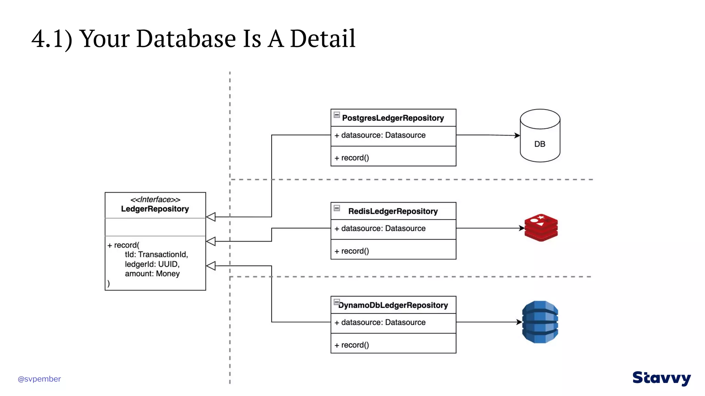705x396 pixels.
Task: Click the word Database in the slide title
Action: [x=186, y=38]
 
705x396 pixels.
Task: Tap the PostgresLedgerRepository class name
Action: [x=393, y=118]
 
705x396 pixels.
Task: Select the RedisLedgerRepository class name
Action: [x=393, y=211]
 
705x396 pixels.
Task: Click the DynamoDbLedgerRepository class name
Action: [x=393, y=305]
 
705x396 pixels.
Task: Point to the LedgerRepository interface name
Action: [x=155, y=209]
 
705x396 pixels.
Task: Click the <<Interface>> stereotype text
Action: [x=155, y=199]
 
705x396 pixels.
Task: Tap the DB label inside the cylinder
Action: [x=539, y=144]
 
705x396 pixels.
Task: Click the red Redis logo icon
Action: [x=541, y=228]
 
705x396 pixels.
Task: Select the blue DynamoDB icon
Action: [x=540, y=322]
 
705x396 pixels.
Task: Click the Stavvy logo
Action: [x=661, y=378]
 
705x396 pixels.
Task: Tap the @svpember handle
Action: [x=39, y=379]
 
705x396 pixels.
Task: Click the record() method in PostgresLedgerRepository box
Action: [x=352, y=158]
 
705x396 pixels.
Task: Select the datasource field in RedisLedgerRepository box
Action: [x=380, y=228]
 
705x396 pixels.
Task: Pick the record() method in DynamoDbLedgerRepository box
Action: [x=352, y=345]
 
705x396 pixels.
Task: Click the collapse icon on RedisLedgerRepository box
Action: [x=337, y=208]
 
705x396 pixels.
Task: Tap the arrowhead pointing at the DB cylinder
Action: [x=517, y=135]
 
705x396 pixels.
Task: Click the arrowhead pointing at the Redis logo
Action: [x=522, y=228]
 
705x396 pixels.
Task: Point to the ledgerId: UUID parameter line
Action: [x=152, y=264]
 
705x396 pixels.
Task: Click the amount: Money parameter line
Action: [x=152, y=274]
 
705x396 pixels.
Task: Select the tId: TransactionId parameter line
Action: [x=156, y=254]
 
